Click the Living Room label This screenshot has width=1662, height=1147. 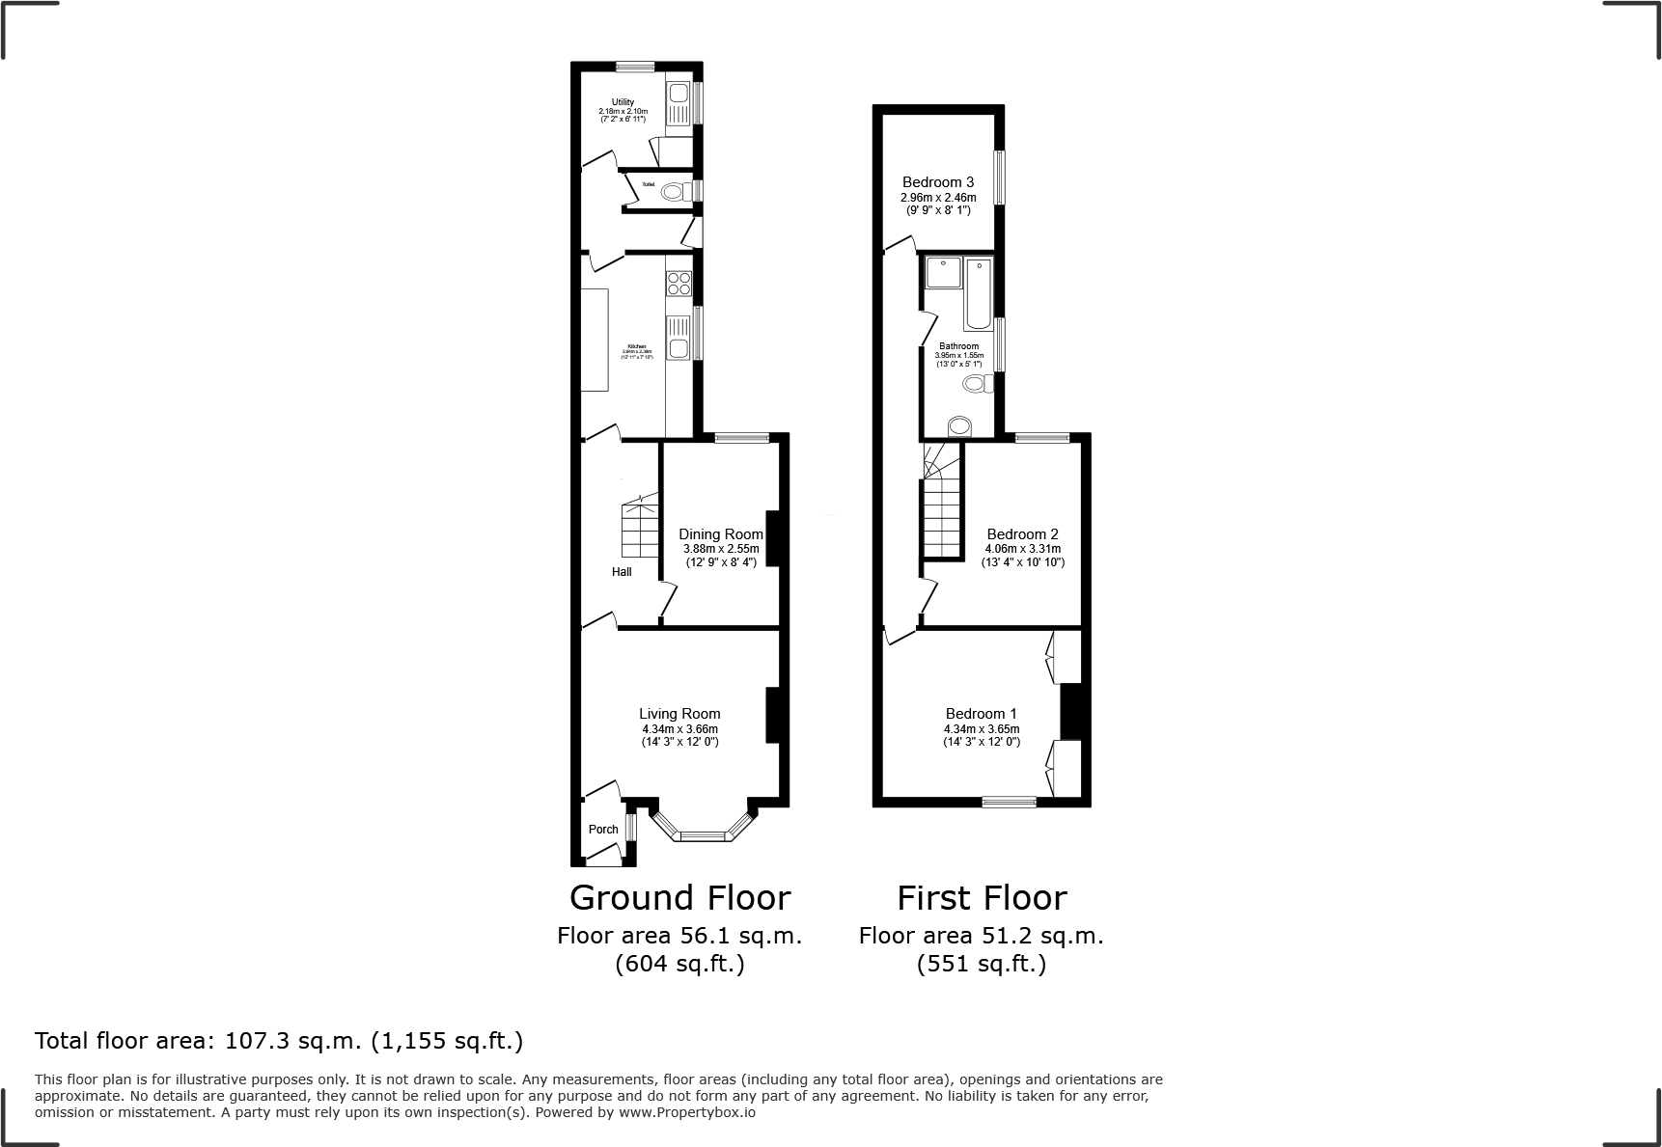pos(679,714)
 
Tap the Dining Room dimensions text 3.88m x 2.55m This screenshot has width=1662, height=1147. pos(721,548)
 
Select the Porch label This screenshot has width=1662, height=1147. pos(603,830)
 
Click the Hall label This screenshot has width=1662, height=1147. pos(622,572)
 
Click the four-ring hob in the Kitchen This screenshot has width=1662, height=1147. pos(679,284)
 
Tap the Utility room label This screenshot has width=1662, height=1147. pos(623,102)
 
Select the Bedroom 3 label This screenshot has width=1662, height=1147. pos(937,182)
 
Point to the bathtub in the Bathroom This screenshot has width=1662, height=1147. pos(978,293)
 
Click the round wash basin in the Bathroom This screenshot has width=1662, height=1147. pos(959,425)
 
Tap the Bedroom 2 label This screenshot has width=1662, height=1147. pos(1022,534)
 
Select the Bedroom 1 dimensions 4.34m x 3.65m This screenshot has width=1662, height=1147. pos(982,729)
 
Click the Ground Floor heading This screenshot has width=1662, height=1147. pos(679,898)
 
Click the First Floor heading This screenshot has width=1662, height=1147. pos(982,898)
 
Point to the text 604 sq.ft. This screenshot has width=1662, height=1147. pos(679,964)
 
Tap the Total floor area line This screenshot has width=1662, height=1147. pos(279,1041)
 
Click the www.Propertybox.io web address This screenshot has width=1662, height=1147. pos(686,1112)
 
